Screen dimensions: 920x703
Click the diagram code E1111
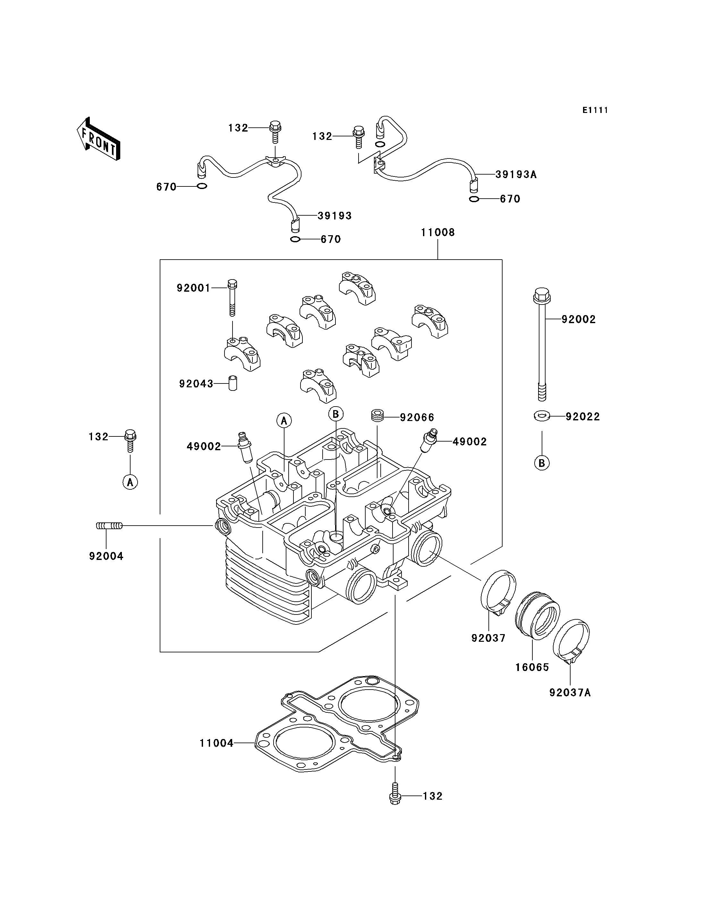[x=595, y=110]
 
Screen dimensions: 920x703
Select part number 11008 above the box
[x=438, y=232]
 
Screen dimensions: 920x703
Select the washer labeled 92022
[x=542, y=416]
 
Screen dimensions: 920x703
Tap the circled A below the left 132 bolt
[x=130, y=482]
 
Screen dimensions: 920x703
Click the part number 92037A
[x=570, y=692]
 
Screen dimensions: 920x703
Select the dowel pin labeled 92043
[x=233, y=383]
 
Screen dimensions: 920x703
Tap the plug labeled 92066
[x=378, y=416]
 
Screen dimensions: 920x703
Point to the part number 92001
[x=193, y=288]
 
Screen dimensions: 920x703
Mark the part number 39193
[x=335, y=216]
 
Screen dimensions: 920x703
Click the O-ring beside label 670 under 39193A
[x=474, y=199]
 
